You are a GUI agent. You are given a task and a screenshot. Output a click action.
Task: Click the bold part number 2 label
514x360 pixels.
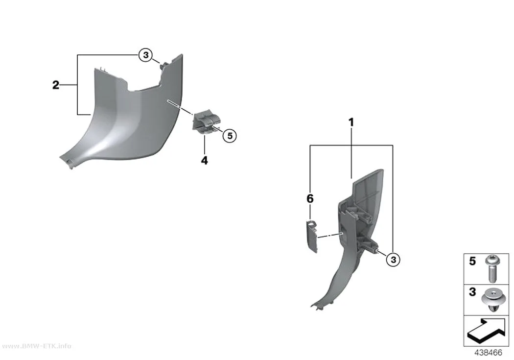point(56,85)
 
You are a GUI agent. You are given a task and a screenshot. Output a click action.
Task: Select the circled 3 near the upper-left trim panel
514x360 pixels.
point(145,55)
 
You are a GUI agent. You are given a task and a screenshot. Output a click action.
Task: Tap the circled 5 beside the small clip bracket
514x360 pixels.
point(230,135)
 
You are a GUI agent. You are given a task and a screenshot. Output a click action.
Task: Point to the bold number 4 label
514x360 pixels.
point(204,160)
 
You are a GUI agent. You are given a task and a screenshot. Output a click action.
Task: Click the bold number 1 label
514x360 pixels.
point(351,122)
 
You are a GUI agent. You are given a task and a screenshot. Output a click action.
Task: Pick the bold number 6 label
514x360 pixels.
point(310,198)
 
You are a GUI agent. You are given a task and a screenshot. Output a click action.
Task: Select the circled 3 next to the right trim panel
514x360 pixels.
point(393,260)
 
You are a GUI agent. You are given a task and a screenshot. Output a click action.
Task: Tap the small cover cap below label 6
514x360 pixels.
point(312,237)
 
